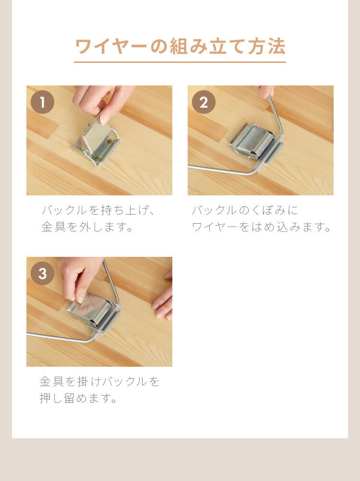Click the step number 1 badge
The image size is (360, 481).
click(42, 102)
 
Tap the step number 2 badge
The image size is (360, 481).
click(204, 102)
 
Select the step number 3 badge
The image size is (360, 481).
click(42, 274)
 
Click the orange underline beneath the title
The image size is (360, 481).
click(180, 62)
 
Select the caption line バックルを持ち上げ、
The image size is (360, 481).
click(99, 210)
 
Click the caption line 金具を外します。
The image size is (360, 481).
click(88, 227)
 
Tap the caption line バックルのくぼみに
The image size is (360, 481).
click(245, 210)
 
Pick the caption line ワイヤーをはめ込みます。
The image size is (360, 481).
click(262, 227)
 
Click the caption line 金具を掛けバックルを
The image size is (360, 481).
click(99, 382)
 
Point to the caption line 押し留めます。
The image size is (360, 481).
click(79, 398)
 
